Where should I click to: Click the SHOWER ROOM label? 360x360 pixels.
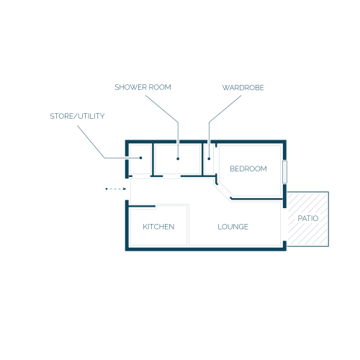[x=143, y=87]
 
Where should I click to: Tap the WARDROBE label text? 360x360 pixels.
[x=243, y=88]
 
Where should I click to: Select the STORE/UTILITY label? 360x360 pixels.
[x=77, y=116]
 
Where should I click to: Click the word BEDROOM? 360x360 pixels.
[x=248, y=168]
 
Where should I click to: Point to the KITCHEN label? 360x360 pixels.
[x=158, y=227]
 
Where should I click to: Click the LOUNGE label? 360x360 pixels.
[x=233, y=227]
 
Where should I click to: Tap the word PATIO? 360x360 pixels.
[x=308, y=218]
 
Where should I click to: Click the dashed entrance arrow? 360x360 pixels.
[x=116, y=189]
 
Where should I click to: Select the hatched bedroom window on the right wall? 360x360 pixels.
[x=284, y=172]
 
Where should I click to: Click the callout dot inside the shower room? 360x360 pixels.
[x=178, y=158]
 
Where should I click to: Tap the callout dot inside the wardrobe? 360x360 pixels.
[x=209, y=158]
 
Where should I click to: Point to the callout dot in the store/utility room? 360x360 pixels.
[x=141, y=158]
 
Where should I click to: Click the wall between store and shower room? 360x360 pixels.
[x=152, y=160]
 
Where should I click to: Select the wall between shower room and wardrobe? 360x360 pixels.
[x=202, y=160]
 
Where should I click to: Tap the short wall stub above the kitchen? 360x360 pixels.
[x=142, y=206]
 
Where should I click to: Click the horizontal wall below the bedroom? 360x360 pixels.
[x=256, y=199]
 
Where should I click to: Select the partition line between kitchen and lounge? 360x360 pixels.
[x=188, y=225]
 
